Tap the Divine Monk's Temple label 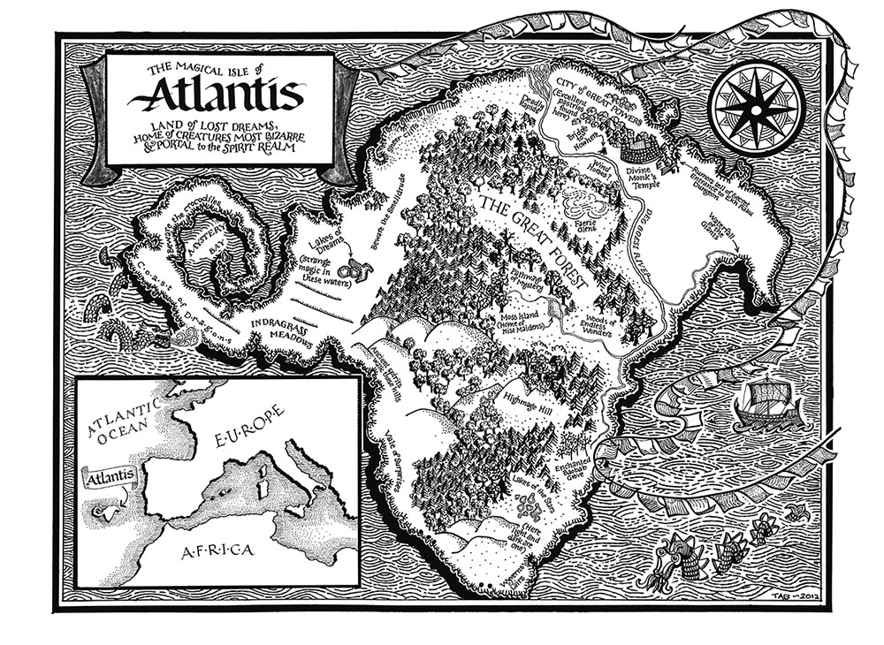(x=652, y=178)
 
